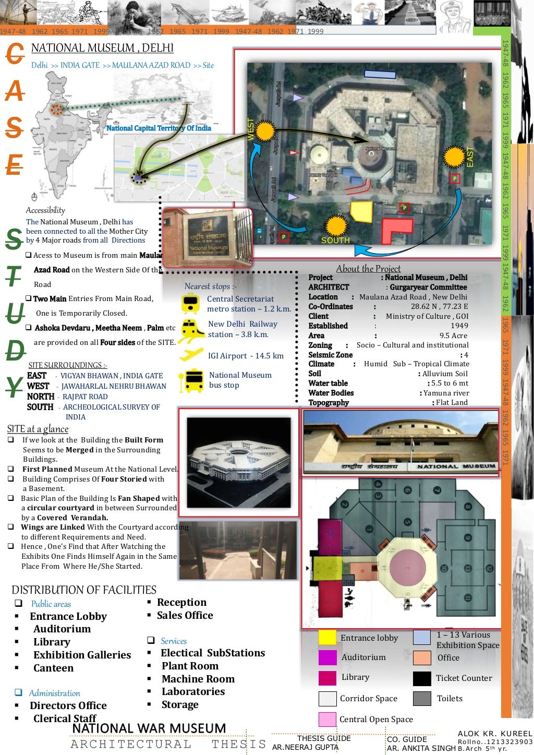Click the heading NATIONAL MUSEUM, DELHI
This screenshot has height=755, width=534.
[102, 48]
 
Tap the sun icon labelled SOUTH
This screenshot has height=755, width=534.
[336, 226]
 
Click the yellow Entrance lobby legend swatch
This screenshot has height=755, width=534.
[327, 638]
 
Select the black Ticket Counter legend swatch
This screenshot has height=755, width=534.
[422, 678]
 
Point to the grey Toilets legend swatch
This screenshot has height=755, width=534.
[422, 699]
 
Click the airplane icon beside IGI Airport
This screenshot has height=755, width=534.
[191, 354]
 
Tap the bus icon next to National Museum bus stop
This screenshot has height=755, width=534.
[192, 381]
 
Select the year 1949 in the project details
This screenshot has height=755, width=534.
[459, 326]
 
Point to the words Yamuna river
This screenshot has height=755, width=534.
[446, 393]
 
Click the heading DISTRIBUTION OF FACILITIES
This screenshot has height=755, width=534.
[84, 590]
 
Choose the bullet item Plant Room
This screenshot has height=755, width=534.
[190, 666]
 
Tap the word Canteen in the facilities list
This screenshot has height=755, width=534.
[53, 668]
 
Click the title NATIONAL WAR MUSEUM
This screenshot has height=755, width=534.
[149, 728]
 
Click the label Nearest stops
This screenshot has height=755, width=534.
[210, 286]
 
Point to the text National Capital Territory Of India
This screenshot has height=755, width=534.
[159, 128]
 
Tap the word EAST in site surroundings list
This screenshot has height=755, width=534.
[37, 376]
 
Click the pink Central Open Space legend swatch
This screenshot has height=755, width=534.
[327, 720]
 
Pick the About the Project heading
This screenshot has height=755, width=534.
[368, 269]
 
